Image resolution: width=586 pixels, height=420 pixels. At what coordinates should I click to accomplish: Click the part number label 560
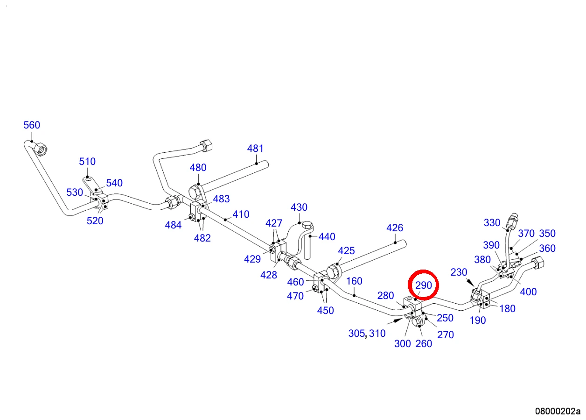pos(32,125)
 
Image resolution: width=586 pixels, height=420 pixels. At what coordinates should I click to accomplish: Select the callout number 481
pos(255,149)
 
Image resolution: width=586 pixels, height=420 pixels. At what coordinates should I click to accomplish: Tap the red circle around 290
pos(424,285)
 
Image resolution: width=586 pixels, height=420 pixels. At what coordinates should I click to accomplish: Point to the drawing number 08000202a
pos(558,411)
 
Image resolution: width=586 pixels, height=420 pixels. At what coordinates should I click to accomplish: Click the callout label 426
pos(395,228)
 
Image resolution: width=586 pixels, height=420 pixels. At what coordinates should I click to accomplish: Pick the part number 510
pos(87,161)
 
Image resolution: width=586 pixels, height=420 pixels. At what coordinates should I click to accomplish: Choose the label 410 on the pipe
pos(241,214)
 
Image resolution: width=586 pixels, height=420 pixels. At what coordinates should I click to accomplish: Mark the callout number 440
pos(327,237)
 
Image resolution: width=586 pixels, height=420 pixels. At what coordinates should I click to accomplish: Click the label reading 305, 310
pos(367,334)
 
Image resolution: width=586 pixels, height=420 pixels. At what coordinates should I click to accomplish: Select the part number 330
pos(492,223)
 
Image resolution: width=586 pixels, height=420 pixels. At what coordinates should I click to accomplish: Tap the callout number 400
pos(529,292)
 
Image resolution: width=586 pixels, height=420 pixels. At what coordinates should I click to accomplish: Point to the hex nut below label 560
pos(41,149)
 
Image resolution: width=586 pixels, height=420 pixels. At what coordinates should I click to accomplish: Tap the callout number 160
pos(354,281)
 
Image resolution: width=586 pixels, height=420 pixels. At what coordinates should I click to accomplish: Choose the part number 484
pos(173,225)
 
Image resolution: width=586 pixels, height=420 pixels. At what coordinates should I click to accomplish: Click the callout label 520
pos(95,221)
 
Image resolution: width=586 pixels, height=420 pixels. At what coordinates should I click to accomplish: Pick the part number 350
pos(547,234)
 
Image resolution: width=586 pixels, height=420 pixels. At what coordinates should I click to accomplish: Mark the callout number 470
pos(295,296)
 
